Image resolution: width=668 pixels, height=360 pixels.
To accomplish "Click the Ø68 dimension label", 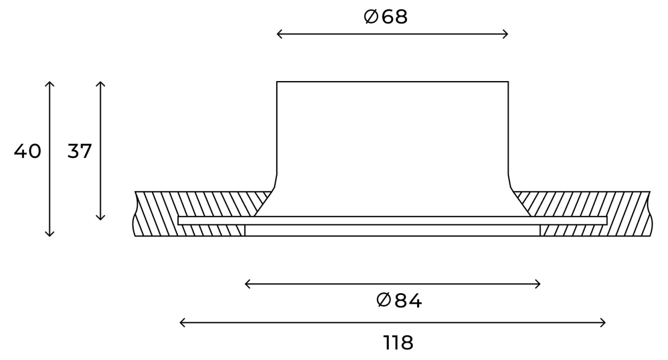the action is (x=386, y=16).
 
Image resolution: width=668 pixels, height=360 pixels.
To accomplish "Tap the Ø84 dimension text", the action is (x=399, y=301).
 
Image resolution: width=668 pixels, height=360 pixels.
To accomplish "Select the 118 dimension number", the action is (x=398, y=343).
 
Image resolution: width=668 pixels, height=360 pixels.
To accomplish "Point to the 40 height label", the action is (x=28, y=151).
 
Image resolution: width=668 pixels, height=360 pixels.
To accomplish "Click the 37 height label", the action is (x=80, y=151).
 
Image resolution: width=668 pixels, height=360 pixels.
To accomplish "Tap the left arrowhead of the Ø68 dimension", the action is (x=279, y=34).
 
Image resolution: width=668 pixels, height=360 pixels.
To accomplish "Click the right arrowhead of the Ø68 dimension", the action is (x=506, y=34).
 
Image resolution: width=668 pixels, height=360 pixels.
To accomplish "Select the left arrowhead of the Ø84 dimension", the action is (x=247, y=284).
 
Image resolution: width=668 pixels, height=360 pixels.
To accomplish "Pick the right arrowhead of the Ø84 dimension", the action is (x=537, y=284).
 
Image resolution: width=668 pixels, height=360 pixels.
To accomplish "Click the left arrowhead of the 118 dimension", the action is (x=182, y=322).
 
